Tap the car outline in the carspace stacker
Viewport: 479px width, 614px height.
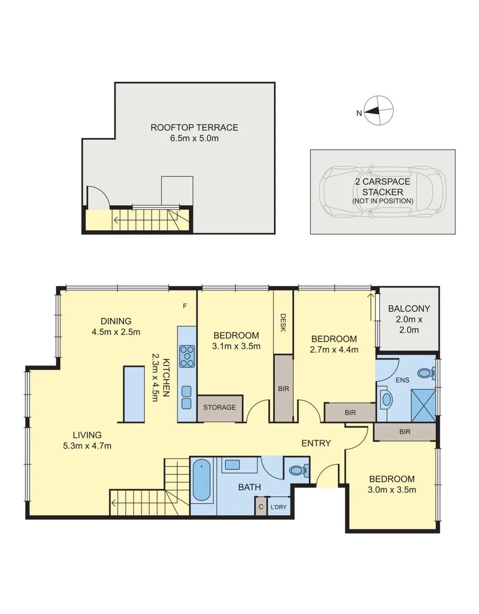(382, 192)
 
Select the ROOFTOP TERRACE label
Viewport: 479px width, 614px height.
(194, 127)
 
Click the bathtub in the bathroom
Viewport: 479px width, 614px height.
(201, 480)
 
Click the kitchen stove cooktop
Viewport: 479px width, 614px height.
(187, 356)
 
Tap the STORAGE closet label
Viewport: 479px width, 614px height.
(220, 408)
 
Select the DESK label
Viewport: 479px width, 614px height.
(283, 323)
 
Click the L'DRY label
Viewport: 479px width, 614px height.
(279, 507)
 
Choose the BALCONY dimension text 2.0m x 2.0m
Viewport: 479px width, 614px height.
(409, 325)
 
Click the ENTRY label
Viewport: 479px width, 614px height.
(316, 443)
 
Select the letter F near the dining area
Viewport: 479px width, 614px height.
(185, 306)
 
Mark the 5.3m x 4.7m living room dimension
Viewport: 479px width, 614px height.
(87, 446)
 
